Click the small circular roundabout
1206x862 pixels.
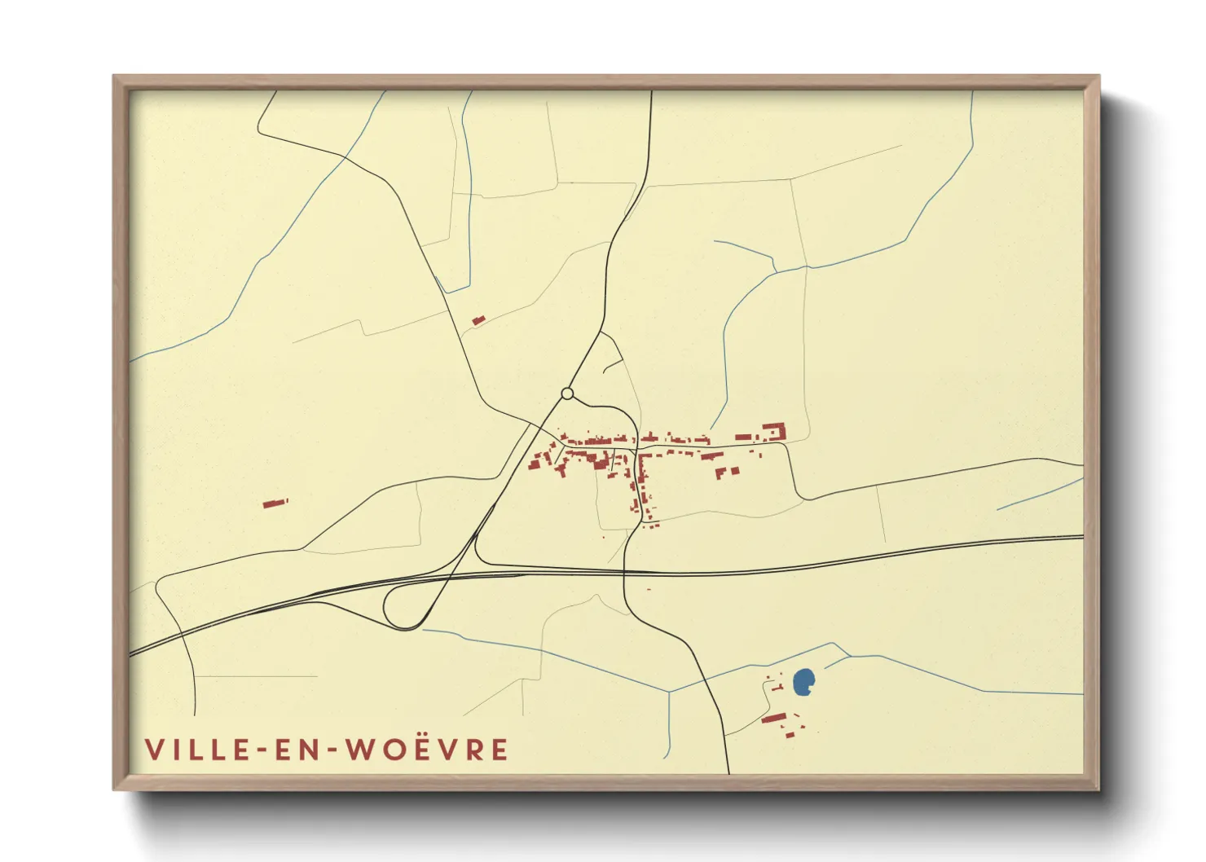pyautogui.click(x=567, y=394)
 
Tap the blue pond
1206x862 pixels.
pyautogui.click(x=803, y=682)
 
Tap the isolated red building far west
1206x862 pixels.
pyautogui.click(x=275, y=503)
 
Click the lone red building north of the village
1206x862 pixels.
pyautogui.click(x=478, y=320)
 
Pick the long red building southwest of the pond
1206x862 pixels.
pyautogui.click(x=774, y=718)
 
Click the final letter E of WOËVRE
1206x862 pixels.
pyautogui.click(x=500, y=750)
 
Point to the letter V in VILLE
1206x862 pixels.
pyautogui.click(x=154, y=750)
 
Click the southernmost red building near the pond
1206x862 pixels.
pyautogui.click(x=790, y=735)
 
